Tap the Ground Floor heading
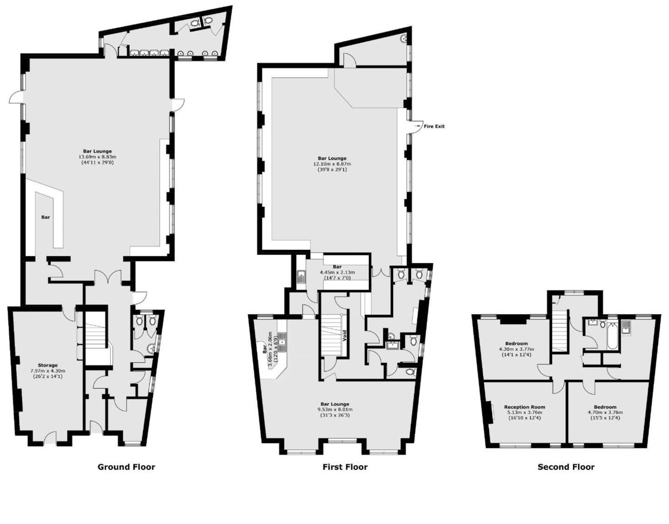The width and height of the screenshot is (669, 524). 126,467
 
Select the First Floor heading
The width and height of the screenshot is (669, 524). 345,467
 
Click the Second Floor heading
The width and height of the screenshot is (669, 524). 566,467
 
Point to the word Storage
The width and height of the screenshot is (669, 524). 48,365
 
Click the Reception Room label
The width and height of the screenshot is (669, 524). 524,407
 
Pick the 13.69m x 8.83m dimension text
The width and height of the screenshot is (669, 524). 97,157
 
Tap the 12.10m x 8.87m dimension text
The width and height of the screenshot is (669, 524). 332,164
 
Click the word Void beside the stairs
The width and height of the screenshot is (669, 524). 345,336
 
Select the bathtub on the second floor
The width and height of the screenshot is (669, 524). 612,336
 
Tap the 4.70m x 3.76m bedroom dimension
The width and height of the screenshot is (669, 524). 605,412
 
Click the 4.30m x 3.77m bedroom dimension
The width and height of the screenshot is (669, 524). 516,349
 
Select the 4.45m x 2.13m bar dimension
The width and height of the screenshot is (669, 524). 337,272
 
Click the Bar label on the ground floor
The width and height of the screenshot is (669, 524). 46,217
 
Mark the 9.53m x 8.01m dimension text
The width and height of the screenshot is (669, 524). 334,410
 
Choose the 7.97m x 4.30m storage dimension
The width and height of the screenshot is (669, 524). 48,371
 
